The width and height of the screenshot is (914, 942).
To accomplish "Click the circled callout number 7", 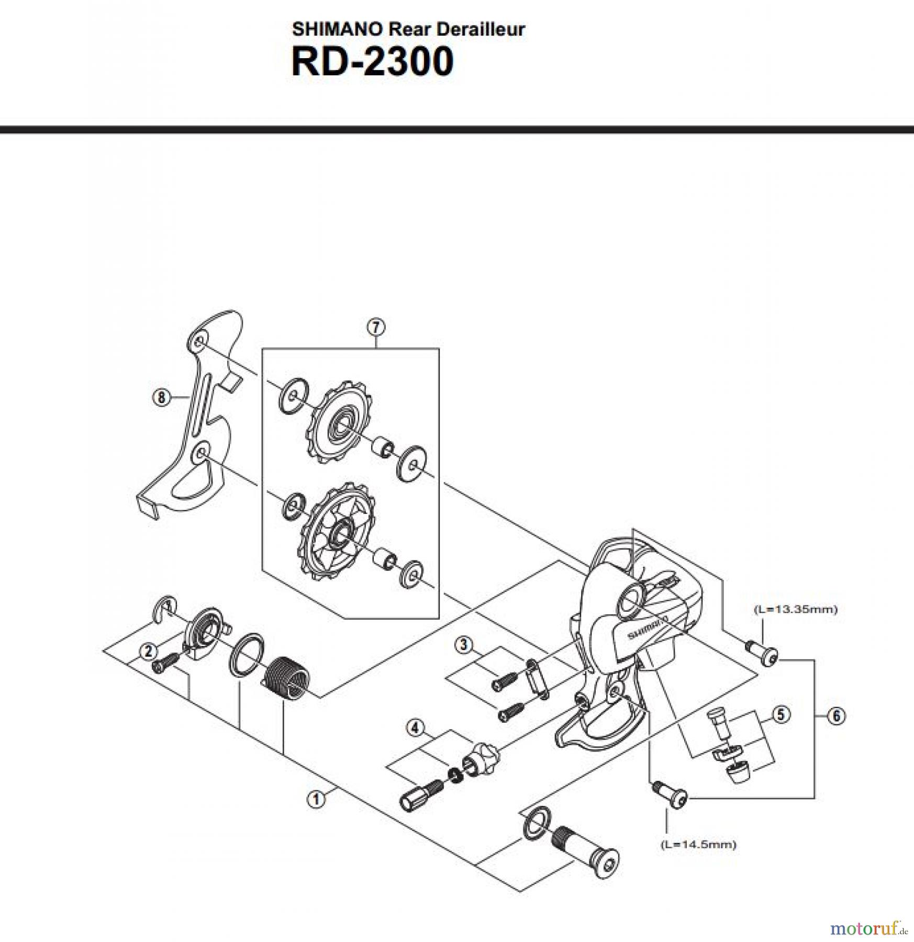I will (376, 328).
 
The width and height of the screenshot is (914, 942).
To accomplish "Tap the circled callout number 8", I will (161, 398).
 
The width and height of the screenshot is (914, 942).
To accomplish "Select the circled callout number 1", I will (316, 799).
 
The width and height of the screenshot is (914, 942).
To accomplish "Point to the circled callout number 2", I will (149, 652).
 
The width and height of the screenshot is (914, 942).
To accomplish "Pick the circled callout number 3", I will (463, 644).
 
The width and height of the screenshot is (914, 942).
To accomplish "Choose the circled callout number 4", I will (415, 728).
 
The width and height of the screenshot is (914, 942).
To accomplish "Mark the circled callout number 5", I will (781, 714).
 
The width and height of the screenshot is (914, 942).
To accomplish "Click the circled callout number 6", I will (836, 716).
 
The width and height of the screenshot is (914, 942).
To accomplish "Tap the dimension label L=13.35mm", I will (795, 609).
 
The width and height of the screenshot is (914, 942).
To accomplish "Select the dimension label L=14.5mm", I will (698, 844).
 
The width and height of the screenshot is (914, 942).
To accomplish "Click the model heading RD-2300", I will (372, 62).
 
